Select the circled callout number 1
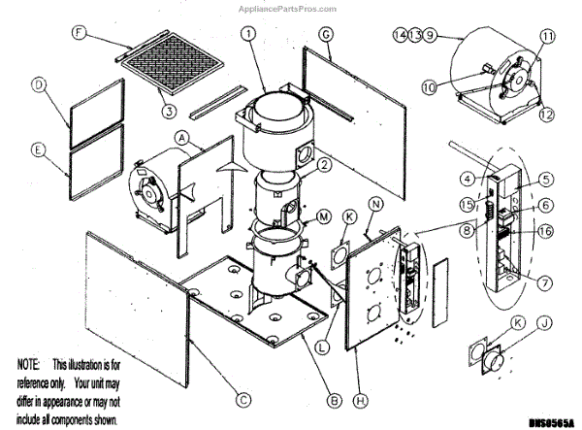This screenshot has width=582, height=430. (x=249, y=34)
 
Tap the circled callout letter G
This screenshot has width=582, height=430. (x=326, y=34)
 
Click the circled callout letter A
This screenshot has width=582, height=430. (x=180, y=139)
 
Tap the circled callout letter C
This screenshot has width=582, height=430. (x=242, y=397)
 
